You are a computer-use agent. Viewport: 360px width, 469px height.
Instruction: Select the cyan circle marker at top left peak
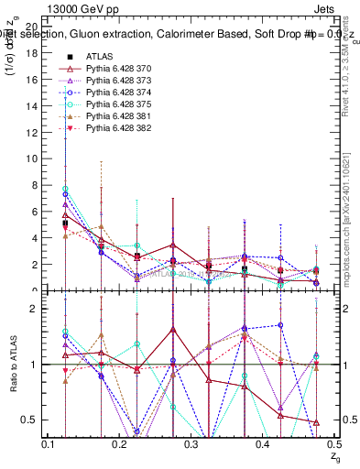click(x=65, y=189)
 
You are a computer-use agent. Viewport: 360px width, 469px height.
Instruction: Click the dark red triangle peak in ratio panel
click(x=172, y=329)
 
